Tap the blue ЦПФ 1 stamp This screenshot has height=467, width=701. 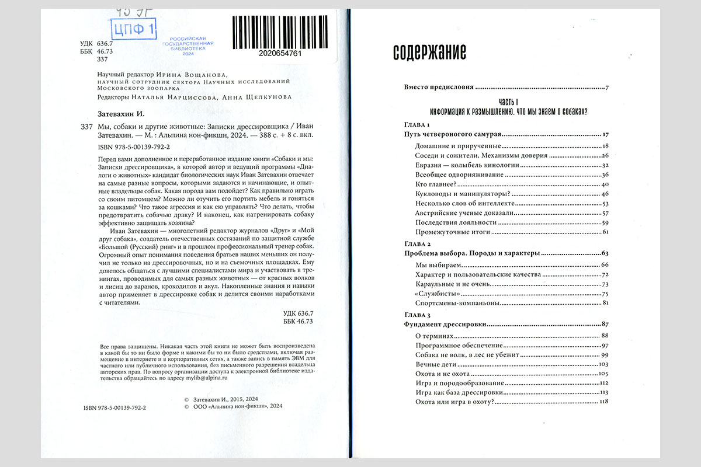click(x=133, y=29)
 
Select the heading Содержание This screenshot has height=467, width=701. click(x=429, y=53)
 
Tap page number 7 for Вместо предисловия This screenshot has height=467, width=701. click(x=607, y=88)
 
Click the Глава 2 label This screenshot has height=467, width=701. click(x=418, y=243)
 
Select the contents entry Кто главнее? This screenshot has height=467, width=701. click(x=435, y=184)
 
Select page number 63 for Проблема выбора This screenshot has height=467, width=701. click(x=605, y=254)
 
